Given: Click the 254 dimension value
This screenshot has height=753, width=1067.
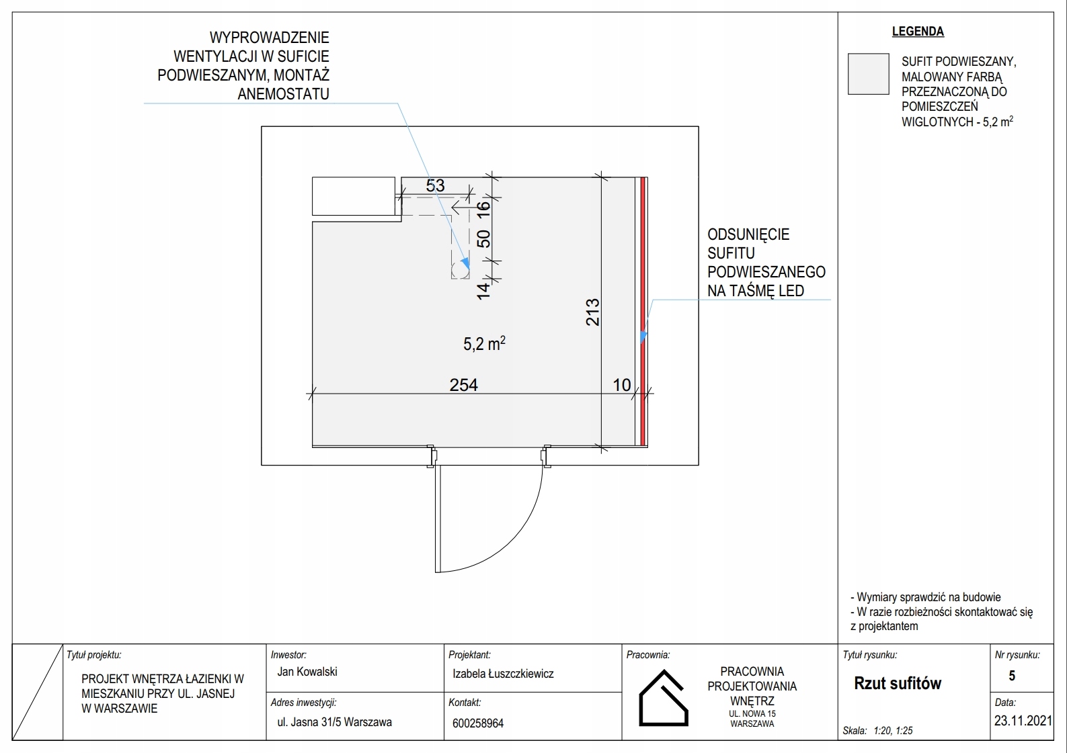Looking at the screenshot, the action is (x=463, y=385).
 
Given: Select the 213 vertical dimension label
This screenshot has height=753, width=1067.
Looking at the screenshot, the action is (x=592, y=312).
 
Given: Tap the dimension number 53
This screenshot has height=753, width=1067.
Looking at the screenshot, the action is (x=435, y=185).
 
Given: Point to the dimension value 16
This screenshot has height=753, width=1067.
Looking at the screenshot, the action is (x=483, y=210).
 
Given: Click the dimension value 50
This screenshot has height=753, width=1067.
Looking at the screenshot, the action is (x=483, y=238).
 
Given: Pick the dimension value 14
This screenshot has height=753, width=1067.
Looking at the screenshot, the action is (x=483, y=291).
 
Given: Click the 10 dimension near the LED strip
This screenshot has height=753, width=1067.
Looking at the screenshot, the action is (x=622, y=385).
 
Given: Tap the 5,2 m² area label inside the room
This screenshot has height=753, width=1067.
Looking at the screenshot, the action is (x=484, y=343).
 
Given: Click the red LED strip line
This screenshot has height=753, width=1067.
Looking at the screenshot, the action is (x=643, y=312).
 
